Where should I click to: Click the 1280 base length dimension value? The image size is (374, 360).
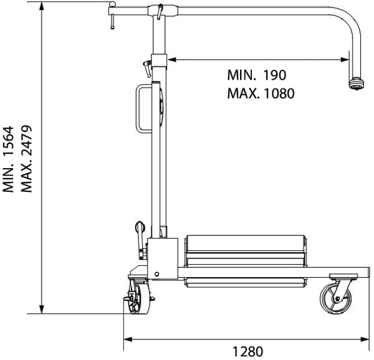247,351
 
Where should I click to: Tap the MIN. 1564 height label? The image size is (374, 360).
9,159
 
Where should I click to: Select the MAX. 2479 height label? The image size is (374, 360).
26,159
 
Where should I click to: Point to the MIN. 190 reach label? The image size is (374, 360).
257,75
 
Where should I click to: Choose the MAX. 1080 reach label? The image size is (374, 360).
261,93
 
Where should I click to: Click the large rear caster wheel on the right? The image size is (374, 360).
335,299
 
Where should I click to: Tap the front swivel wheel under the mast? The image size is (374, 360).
139,297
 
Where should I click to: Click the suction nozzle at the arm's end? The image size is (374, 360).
357,84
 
